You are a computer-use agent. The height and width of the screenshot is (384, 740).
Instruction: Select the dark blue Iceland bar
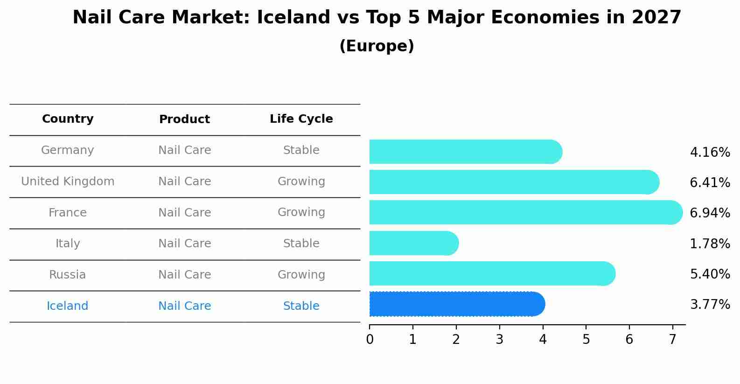(457, 304)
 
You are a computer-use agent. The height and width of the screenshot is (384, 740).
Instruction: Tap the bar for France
(525, 212)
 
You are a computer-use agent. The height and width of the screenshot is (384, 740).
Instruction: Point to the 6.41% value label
(710, 183)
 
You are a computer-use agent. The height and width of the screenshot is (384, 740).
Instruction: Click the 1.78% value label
(710, 244)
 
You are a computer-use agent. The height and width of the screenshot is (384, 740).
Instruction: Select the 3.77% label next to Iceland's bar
(710, 305)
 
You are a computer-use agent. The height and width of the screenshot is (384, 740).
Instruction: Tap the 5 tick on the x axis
(586, 340)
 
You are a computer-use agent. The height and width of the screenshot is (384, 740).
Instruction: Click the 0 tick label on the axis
(370, 340)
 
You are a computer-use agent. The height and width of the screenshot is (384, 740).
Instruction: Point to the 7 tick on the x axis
(672, 340)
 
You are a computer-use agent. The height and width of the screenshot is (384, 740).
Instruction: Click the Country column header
(68, 119)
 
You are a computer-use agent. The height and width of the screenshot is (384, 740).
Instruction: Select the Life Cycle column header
(301, 119)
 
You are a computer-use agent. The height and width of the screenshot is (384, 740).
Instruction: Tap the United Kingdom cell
(68, 182)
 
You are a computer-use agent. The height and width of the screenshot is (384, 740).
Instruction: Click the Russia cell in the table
(68, 275)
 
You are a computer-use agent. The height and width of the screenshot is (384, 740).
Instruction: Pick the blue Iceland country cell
(68, 306)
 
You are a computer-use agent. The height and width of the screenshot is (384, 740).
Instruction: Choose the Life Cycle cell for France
(301, 212)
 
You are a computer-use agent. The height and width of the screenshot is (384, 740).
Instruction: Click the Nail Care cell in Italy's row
(184, 244)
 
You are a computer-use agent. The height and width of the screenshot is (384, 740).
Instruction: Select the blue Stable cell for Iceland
(301, 306)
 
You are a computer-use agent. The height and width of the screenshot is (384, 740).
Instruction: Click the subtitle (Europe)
(377, 46)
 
